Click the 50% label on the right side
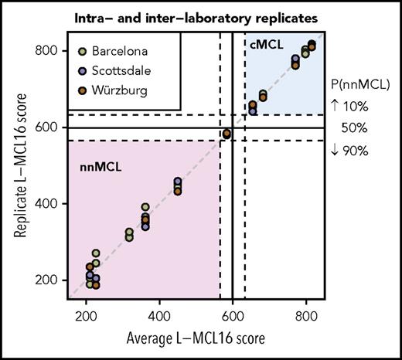click(357, 127)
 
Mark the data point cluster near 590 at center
click(227, 134)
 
